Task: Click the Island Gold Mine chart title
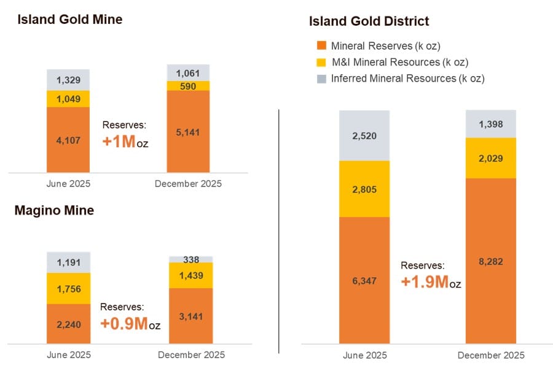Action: click(70, 20)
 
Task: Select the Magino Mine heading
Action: click(54, 211)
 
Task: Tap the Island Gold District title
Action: click(369, 21)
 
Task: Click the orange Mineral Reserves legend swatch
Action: click(321, 46)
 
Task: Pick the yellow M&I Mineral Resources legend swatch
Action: click(321, 62)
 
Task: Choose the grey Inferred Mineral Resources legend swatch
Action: click(321, 79)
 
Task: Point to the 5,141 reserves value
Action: click(188, 132)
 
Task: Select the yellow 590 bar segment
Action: click(188, 86)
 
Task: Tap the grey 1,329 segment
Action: click(68, 80)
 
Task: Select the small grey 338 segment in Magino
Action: click(191, 259)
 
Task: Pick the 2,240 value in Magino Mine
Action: click(68, 324)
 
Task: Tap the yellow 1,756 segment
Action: click(68, 288)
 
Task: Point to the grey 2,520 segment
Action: click(364, 136)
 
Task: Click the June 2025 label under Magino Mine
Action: click(68, 355)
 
